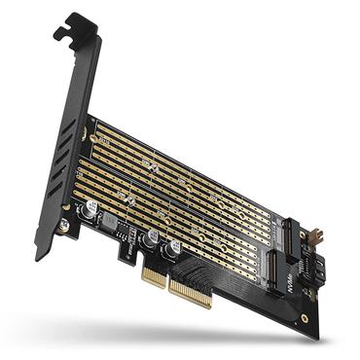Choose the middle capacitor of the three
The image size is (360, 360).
pos(151,238)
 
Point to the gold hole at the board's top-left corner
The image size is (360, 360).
pos(93,123)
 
